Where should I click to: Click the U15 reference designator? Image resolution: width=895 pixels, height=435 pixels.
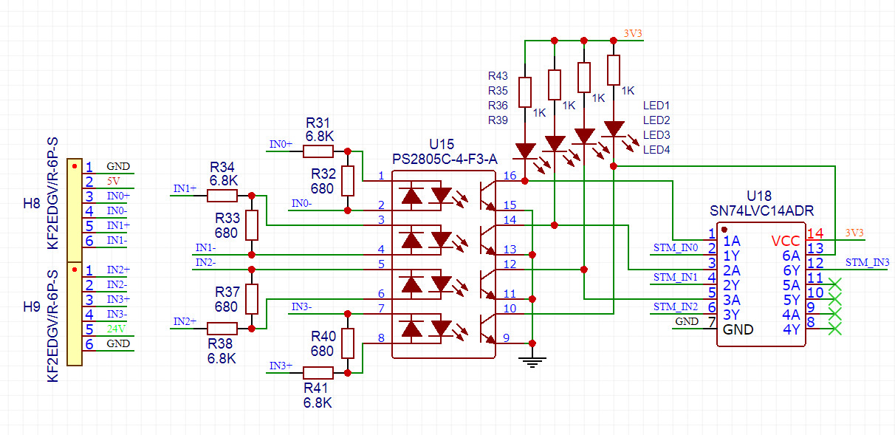442,143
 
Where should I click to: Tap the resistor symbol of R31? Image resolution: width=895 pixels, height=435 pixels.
318,151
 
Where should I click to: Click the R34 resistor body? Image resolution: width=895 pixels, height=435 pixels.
222,196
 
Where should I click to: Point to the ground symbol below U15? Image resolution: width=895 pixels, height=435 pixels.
532,360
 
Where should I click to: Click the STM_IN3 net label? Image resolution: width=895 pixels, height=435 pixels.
867,262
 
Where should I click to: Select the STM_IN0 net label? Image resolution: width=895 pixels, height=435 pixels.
676,247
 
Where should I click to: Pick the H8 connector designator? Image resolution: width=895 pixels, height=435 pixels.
31,203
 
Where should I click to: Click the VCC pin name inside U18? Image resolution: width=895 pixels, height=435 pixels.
785,241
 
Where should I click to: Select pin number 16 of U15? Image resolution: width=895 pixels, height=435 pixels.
510,175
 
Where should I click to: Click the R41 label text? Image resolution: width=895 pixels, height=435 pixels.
318,388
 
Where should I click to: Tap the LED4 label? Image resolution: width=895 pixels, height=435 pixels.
656,150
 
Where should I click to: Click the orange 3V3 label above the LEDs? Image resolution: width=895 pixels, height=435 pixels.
633,33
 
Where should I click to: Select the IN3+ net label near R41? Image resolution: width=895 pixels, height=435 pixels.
281,366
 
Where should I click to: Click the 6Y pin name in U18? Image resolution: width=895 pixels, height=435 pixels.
792,270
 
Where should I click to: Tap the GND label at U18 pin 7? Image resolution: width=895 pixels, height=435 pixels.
687,321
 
